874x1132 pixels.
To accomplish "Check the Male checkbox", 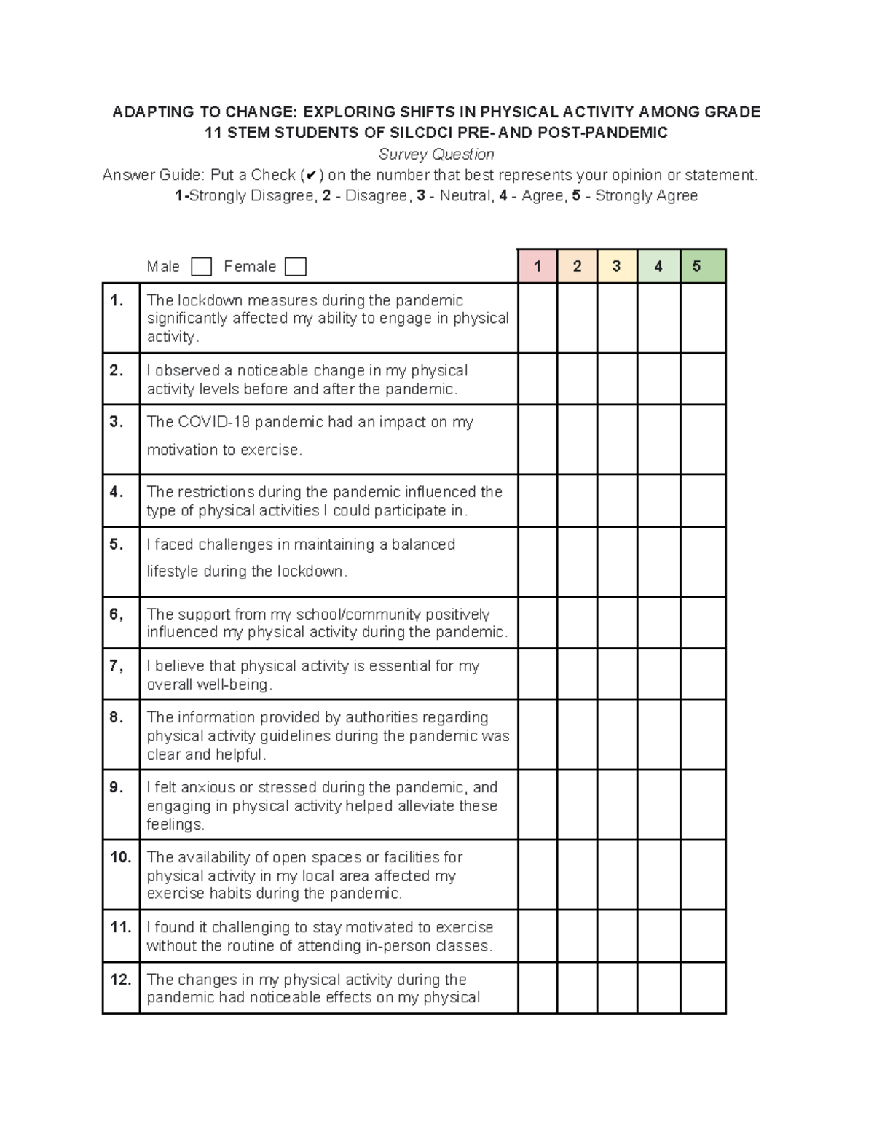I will (201, 267).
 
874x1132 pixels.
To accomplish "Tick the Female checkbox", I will (295, 267).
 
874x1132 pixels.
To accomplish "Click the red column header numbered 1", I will (538, 266).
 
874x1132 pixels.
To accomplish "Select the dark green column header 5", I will (703, 266).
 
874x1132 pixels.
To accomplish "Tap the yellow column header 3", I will (617, 266).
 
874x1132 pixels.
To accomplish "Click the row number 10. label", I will (121, 857).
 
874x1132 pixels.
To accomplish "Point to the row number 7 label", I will (117, 665).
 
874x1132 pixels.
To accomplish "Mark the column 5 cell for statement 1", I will (703, 318).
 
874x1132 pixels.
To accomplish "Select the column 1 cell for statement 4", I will (538, 501).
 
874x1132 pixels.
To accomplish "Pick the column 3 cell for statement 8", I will (617, 735).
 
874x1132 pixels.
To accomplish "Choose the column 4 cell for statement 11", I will (658, 936).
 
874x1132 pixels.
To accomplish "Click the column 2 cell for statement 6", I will (577, 622).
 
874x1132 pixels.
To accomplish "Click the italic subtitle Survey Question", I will (436, 155).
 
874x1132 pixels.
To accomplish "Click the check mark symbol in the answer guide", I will (311, 176).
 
